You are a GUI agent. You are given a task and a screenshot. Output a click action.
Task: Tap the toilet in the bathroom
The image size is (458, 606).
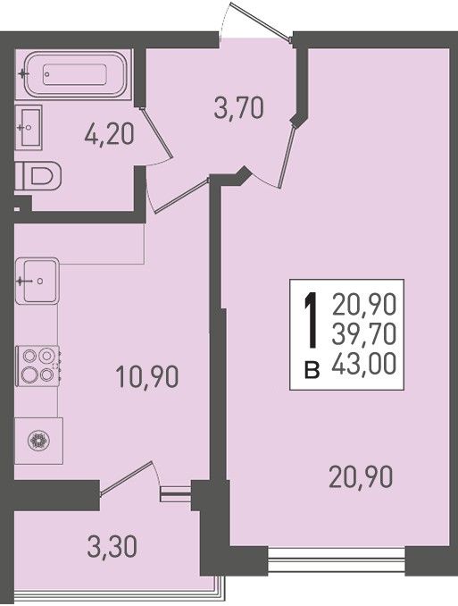[x=38, y=175]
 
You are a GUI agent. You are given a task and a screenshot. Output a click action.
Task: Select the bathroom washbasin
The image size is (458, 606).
[x=29, y=127]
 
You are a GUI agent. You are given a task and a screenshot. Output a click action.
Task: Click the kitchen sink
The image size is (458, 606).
[x=37, y=281]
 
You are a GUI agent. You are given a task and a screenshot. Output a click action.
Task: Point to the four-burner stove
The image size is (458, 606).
[x=37, y=366]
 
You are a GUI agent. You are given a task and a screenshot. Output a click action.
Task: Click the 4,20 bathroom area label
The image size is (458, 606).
[x=109, y=135]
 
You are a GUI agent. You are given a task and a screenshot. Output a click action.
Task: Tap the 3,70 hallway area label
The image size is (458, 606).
[x=239, y=108]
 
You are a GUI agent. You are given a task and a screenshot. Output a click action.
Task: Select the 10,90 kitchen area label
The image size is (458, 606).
[x=147, y=377]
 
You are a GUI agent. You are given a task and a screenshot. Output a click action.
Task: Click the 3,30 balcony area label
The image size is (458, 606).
[x=112, y=546]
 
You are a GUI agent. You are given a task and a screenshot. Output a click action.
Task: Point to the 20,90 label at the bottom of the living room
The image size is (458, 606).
[x=361, y=477]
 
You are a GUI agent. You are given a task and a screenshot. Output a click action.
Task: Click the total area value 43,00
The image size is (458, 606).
[x=363, y=364]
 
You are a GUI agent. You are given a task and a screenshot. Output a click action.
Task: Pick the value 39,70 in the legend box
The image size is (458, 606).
[x=363, y=333]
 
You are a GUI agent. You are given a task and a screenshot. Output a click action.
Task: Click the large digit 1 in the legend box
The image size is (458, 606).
[x=312, y=319]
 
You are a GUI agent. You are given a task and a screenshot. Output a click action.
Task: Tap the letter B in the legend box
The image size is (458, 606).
[x=312, y=370]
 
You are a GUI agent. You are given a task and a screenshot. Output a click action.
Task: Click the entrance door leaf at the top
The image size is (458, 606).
[x=261, y=21]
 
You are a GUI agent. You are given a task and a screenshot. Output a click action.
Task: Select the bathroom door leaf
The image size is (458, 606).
[x=156, y=131]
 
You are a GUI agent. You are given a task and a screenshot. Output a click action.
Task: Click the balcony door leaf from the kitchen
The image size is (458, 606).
[x=127, y=477]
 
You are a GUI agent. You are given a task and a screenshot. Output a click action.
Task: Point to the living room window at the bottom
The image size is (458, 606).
[x=337, y=560]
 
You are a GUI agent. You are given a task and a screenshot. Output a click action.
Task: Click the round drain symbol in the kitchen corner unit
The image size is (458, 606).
[x=39, y=441]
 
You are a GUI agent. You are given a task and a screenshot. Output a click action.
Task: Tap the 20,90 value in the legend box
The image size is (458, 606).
[x=363, y=304]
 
